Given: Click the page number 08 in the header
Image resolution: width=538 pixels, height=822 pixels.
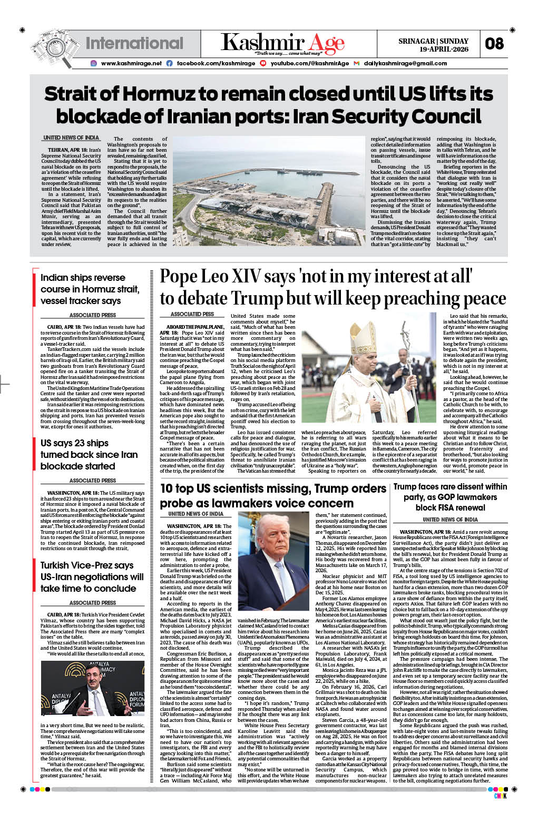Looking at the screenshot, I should tap(494, 44).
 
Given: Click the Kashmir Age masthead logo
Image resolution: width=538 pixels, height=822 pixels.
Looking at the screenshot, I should tap(282, 43).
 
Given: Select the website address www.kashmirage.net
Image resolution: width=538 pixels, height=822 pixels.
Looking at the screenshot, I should tap(131, 63).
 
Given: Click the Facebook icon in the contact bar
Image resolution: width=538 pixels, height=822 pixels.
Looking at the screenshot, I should tap(170, 63).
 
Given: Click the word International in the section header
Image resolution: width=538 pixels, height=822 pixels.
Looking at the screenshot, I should tap(134, 43).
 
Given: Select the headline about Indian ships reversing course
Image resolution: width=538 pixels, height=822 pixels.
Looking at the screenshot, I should tap(90, 289).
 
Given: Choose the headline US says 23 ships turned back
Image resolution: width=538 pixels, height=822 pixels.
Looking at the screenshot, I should tap(89, 454).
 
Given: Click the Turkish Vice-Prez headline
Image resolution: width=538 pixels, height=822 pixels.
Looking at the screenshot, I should tap(92, 576).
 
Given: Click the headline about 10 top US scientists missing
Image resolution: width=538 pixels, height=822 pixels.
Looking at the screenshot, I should tap(273, 495).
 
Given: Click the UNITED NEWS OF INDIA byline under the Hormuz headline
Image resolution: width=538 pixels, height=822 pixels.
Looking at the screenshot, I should tap(71, 138).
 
